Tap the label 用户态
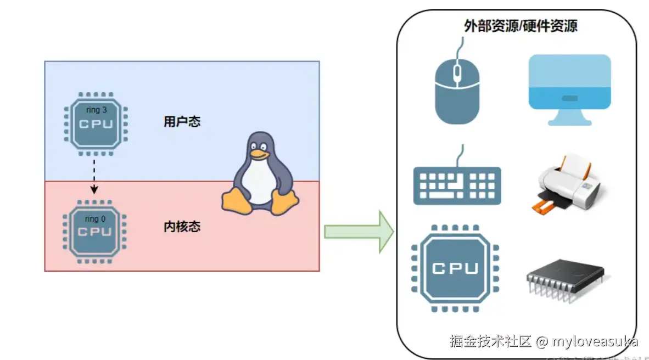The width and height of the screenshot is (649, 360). click(182, 122)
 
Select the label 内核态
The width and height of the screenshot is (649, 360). click(182, 227)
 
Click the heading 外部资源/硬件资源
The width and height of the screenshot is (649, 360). click(520, 26)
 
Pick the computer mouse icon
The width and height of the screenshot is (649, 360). click(457, 91)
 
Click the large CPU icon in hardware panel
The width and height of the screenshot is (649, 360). click(455, 268)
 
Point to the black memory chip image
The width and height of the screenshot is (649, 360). click(566, 277)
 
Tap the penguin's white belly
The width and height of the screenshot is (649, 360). click(259, 181)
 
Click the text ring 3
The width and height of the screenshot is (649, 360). click(97, 110)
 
